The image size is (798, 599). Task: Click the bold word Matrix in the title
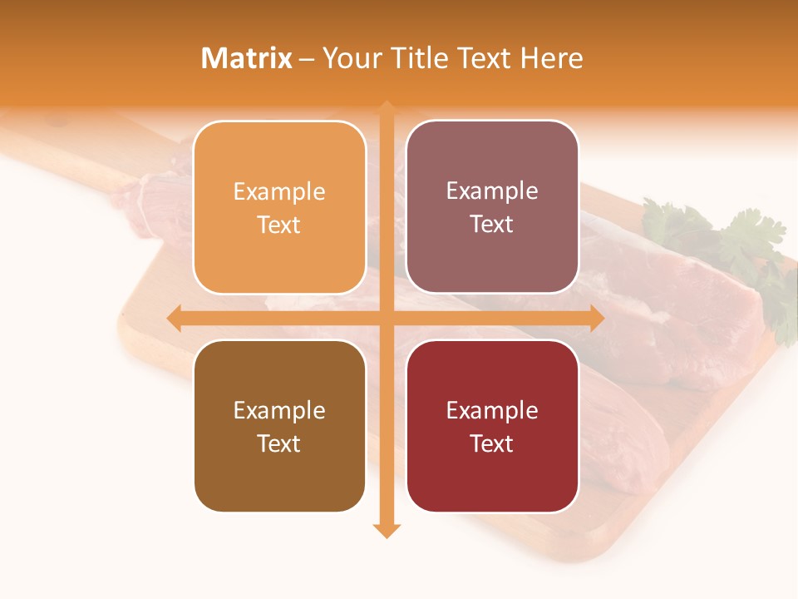tap(247, 58)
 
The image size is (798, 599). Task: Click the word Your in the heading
tap(353, 58)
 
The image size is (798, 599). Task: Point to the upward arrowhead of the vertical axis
tap(387, 108)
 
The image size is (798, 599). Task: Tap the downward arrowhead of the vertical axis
tap(387, 530)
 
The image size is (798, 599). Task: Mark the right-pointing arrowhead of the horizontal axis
tap(596, 318)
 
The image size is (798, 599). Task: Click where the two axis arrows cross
tap(387, 318)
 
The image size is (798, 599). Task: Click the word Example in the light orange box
tap(279, 192)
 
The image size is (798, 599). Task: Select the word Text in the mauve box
tap(492, 225)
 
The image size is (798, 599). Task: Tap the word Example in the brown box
tap(279, 411)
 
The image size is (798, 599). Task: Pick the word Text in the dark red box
tap(492, 443)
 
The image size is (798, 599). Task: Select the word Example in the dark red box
tap(492, 411)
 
